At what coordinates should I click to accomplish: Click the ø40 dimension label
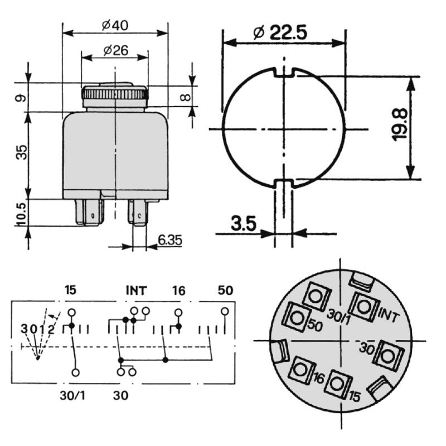tap(115, 26)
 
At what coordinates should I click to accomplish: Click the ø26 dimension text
tap(115, 51)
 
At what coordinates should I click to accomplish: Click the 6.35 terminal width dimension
tap(169, 240)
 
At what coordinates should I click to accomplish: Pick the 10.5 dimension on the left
tap(21, 213)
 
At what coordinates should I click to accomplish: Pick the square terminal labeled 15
tap(337, 383)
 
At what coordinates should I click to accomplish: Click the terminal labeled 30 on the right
tap(388, 353)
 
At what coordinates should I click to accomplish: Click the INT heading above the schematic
tap(136, 290)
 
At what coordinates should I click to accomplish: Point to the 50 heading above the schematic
tap(225, 290)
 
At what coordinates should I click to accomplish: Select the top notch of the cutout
tap(284, 71)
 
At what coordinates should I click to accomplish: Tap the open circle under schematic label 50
tap(225, 311)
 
